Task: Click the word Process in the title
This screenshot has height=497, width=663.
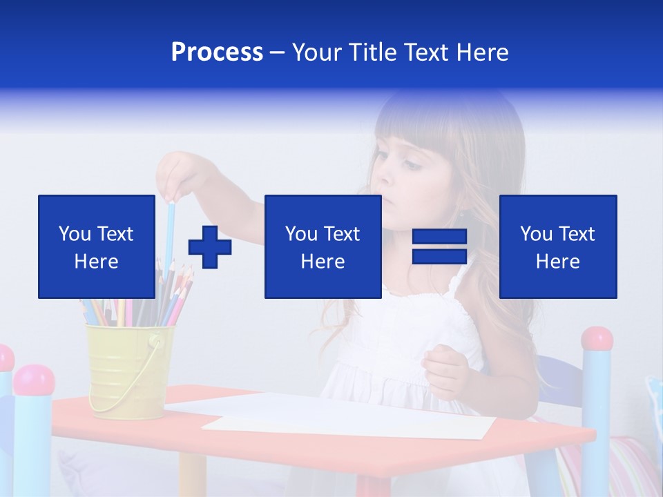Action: pyautogui.click(x=217, y=52)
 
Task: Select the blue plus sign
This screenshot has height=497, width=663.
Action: pyautogui.click(x=210, y=247)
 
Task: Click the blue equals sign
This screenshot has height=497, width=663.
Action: pyautogui.click(x=440, y=246)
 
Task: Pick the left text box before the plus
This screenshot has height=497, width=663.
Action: pyautogui.click(x=97, y=246)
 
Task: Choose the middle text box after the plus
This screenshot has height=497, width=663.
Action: pyautogui.click(x=323, y=246)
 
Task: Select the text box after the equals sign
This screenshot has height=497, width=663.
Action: pyautogui.click(x=557, y=246)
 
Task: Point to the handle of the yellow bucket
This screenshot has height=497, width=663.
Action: pyautogui.click(x=138, y=387)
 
